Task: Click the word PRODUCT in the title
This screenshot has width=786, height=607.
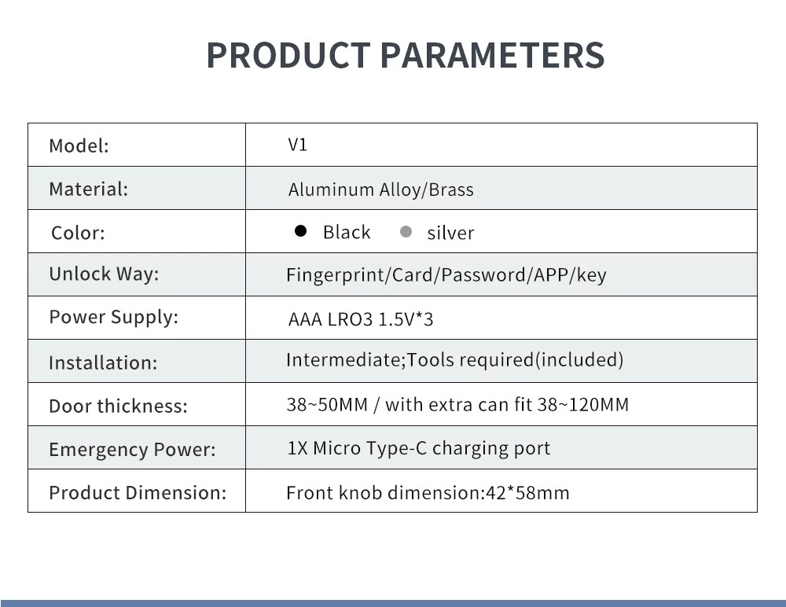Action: click(x=288, y=55)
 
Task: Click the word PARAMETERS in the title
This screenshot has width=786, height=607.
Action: click(x=492, y=55)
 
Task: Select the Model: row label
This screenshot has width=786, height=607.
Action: click(x=79, y=146)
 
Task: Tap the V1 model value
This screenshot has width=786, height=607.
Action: click(x=297, y=145)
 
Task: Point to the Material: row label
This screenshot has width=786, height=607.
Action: click(x=89, y=189)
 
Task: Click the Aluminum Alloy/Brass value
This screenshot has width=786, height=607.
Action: click(x=380, y=190)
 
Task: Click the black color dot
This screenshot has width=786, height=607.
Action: click(x=301, y=230)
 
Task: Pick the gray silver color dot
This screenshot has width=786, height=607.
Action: click(x=406, y=232)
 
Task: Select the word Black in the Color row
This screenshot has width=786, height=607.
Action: click(x=347, y=232)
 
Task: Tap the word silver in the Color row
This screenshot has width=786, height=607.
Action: click(x=450, y=234)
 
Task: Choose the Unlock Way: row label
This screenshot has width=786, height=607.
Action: click(x=104, y=274)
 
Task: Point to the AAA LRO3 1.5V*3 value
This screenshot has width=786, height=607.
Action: click(x=361, y=319)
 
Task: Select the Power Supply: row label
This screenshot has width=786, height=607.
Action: click(x=114, y=318)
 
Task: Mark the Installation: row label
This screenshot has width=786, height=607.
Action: click(x=103, y=362)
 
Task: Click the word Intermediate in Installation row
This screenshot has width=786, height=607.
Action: click(x=344, y=360)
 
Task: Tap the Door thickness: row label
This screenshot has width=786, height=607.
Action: click(x=119, y=406)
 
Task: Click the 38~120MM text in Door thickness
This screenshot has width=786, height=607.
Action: click(x=583, y=405)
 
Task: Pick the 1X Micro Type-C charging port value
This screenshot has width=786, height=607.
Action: click(x=419, y=448)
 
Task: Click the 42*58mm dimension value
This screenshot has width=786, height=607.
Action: click(x=527, y=493)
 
